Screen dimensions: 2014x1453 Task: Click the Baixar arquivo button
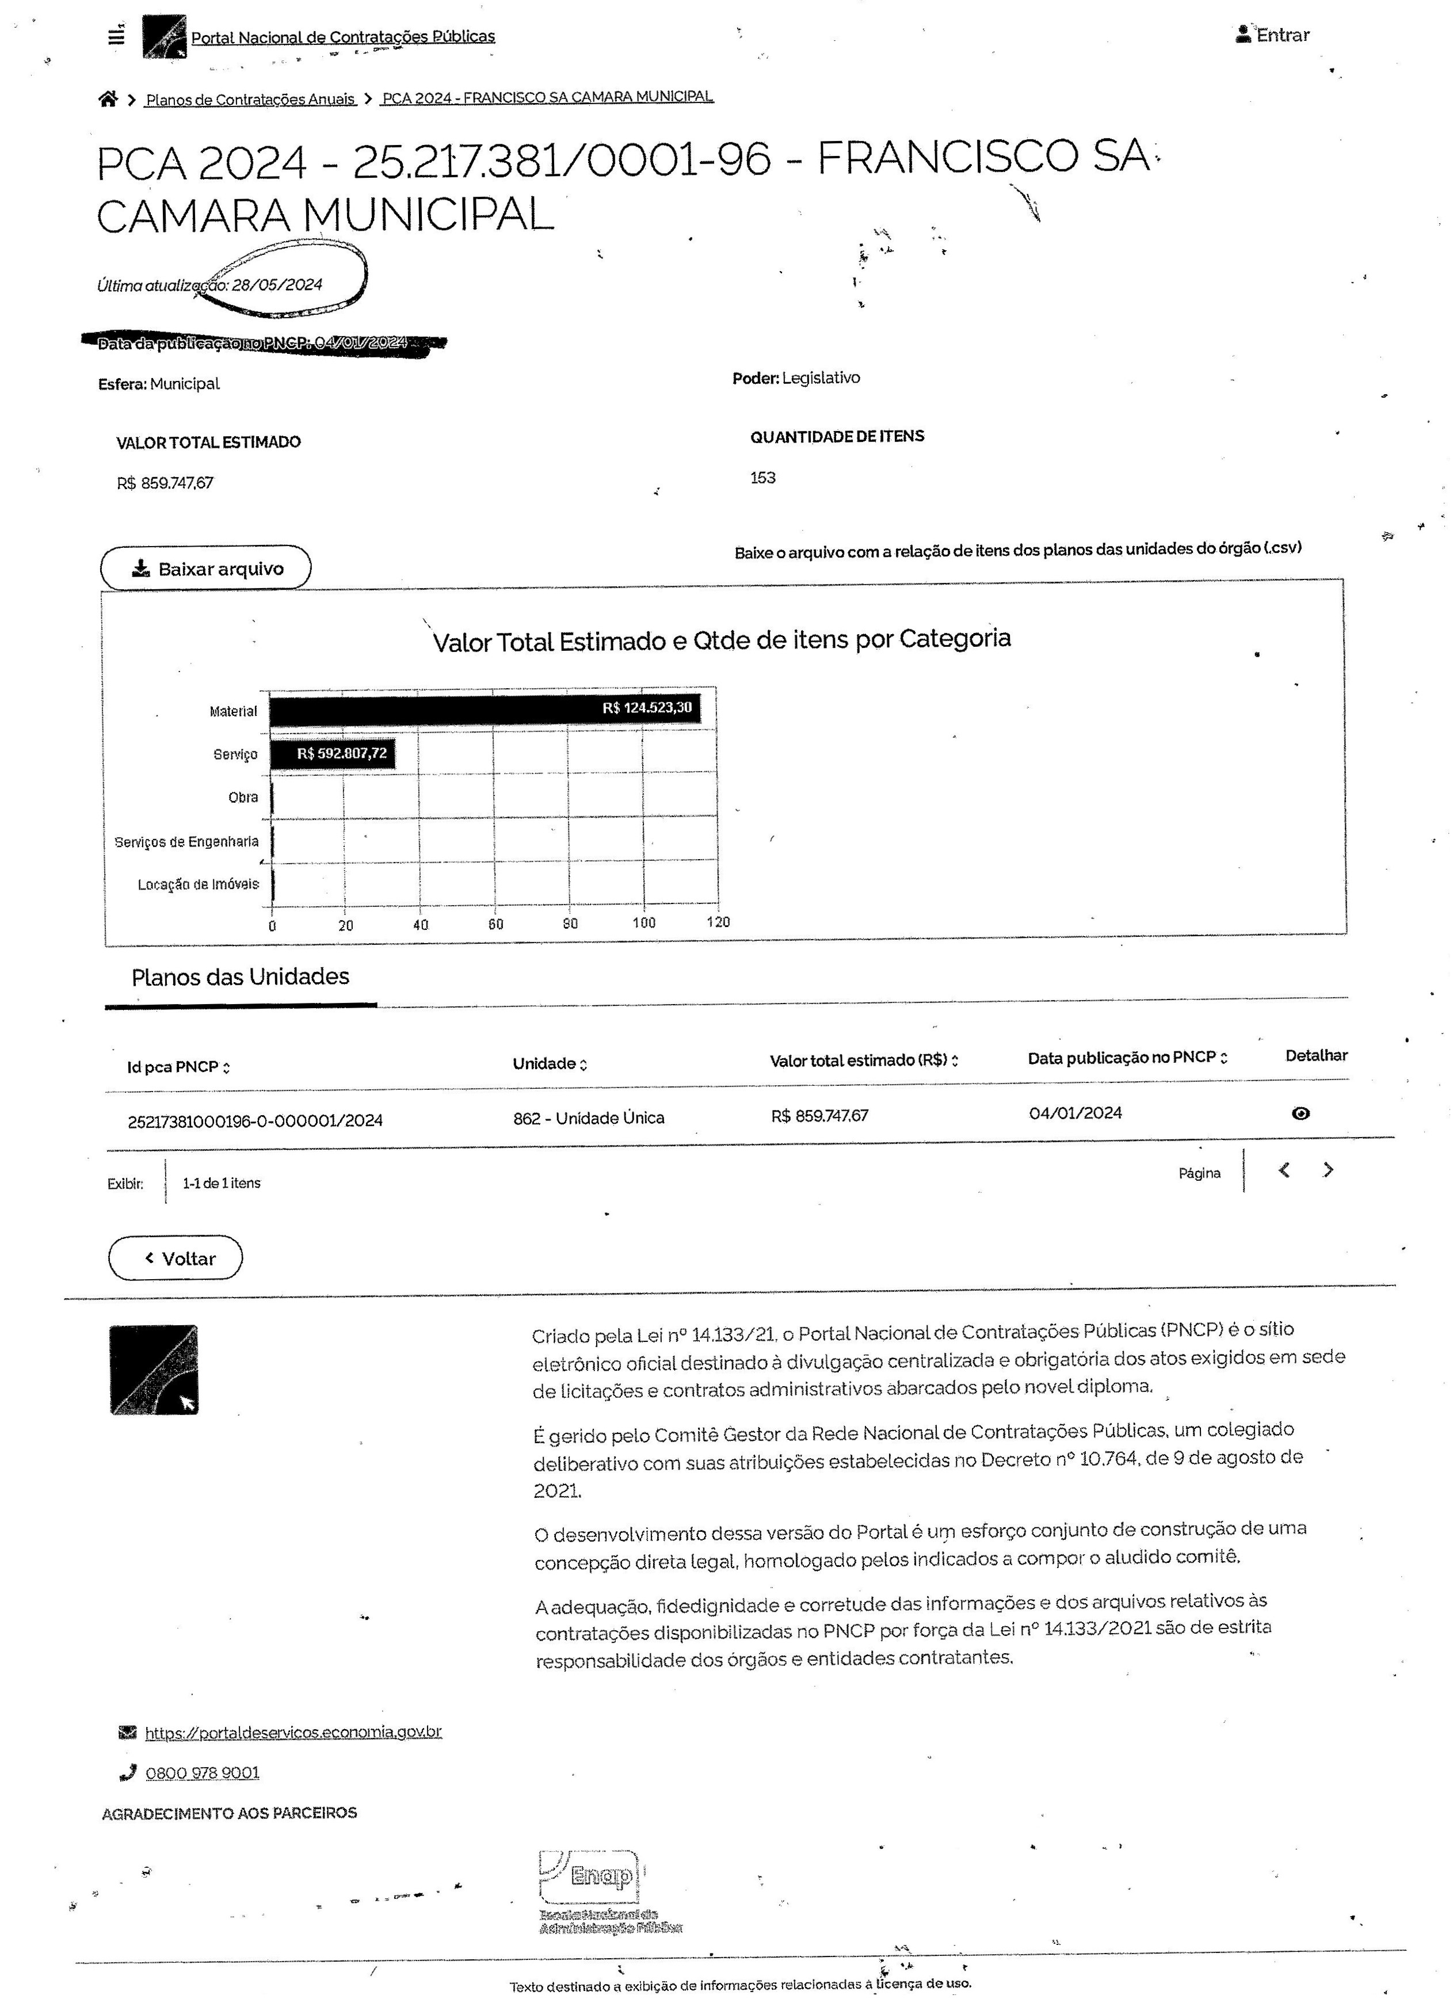tap(205, 569)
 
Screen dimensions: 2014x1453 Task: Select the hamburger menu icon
tap(116, 37)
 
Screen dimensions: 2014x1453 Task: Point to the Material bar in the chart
tap(484, 708)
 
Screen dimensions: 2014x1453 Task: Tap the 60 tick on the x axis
tap(495, 924)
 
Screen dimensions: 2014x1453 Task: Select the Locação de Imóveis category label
tap(198, 884)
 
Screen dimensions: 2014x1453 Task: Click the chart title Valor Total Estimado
tap(721, 640)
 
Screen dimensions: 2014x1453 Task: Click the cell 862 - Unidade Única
tap(588, 1118)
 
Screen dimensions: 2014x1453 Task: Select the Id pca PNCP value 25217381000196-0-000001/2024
tap(255, 1121)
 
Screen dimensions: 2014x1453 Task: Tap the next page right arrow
tap(1328, 1170)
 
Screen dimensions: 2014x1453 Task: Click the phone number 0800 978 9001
tap(203, 1772)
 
